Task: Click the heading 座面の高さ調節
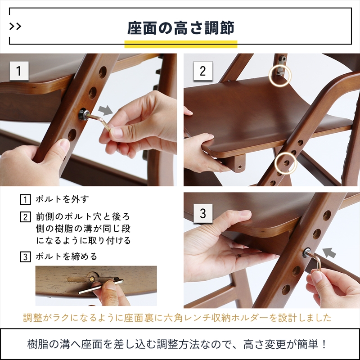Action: pyautogui.click(x=181, y=28)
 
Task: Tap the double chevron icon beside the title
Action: pyautogui.click(x=15, y=27)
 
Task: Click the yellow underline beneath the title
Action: pyautogui.click(x=181, y=44)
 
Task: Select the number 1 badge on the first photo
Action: pyautogui.click(x=19, y=71)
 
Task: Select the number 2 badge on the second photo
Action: pyautogui.click(x=203, y=71)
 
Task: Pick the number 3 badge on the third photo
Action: pyautogui.click(x=203, y=213)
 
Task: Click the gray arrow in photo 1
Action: pyautogui.click(x=106, y=110)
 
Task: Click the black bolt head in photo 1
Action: pyautogui.click(x=84, y=114)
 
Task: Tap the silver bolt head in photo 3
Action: pyautogui.click(x=307, y=253)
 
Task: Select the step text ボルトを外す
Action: pyautogui.click(x=62, y=199)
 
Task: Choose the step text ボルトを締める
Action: pyautogui.click(x=67, y=256)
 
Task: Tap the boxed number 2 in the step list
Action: pyautogui.click(x=25, y=217)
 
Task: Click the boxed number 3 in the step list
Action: pyautogui.click(x=25, y=256)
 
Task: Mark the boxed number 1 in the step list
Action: pyautogui.click(x=25, y=199)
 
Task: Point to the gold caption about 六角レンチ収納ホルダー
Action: pyautogui.click(x=177, y=318)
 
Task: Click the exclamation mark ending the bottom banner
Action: pyautogui.click(x=324, y=344)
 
